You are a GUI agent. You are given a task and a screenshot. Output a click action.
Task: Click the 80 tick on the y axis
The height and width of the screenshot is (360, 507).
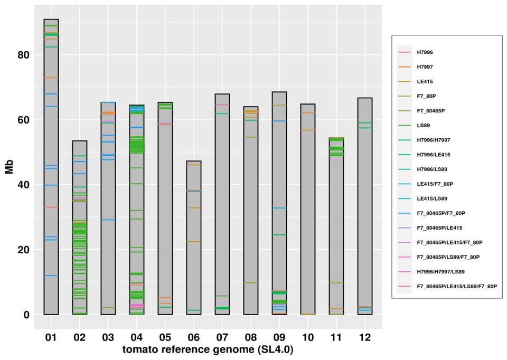tap(24, 55)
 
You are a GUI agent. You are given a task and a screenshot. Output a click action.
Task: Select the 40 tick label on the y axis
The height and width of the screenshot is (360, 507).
tap(24, 185)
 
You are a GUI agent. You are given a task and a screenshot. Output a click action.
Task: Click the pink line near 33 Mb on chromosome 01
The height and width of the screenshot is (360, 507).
tap(51, 207)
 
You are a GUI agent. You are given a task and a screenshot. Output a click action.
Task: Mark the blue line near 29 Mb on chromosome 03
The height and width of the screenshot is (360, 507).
tap(108, 220)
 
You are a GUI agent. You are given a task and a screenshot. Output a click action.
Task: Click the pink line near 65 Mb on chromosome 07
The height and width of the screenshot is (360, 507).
tap(222, 105)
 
